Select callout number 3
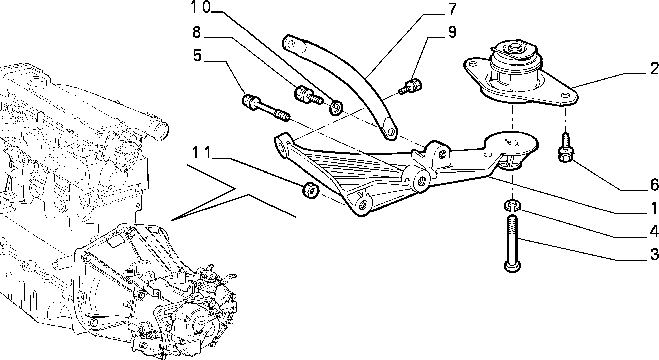pyautogui.click(x=653, y=255)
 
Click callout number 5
pyautogui.click(x=197, y=55)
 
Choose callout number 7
pyautogui.click(x=452, y=9)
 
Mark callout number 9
pyautogui.click(x=451, y=32)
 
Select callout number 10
pyautogui.click(x=201, y=8)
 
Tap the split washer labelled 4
pyautogui.click(x=512, y=206)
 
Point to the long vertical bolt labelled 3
pyautogui.click(x=512, y=244)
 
